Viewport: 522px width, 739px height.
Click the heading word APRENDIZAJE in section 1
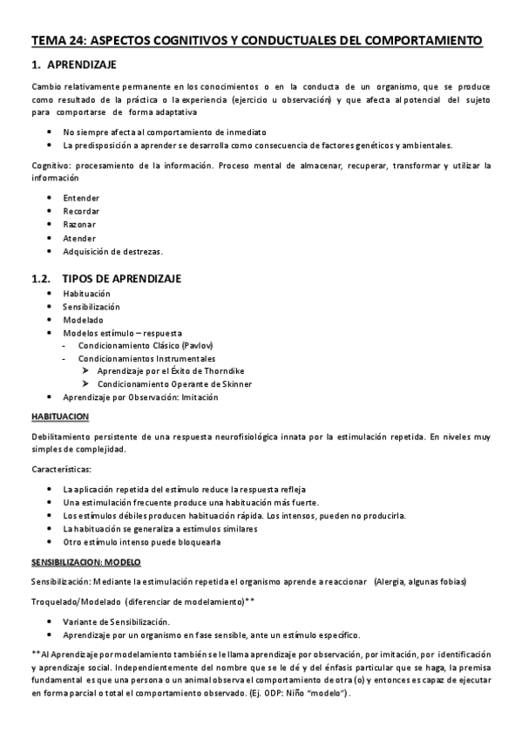80,64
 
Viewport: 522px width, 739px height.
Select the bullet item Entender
81,198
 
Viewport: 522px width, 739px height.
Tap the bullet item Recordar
81,212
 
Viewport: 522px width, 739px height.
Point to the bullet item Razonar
80,225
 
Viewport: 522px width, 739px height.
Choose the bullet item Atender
79,238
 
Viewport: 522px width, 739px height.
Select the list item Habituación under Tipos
86,294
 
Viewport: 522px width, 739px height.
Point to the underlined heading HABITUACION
60,417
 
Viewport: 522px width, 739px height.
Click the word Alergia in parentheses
393,581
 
